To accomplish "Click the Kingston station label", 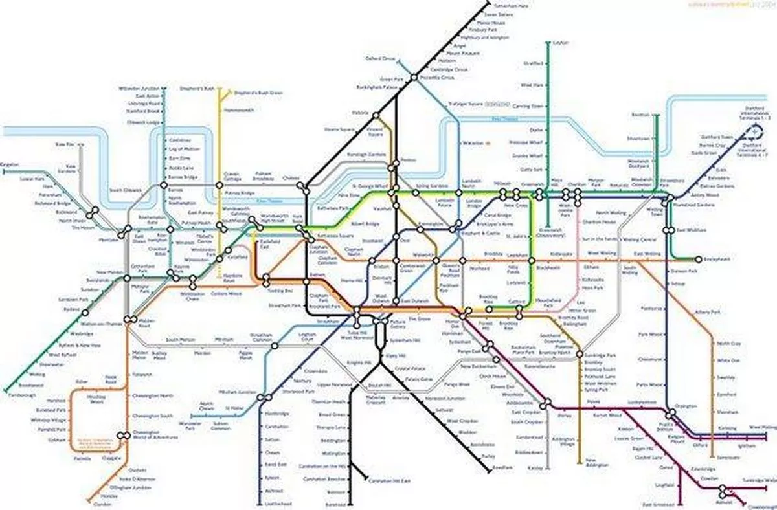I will pos(10,164).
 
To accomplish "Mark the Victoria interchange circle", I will pos(375,115).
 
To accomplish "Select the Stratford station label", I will pos(534,63).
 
